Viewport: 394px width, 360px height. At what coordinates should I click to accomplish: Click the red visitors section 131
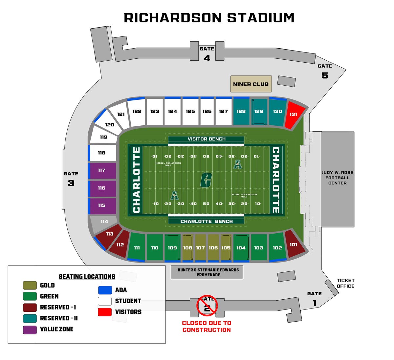tap(294, 115)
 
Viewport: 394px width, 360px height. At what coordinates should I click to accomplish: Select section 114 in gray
tap(104, 222)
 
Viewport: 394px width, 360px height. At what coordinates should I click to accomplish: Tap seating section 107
tap(200, 248)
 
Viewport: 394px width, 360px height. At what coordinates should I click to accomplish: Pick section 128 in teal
tap(241, 112)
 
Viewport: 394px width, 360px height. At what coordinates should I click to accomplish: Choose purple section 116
tap(102, 188)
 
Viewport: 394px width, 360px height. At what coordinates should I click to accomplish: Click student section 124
tap(172, 112)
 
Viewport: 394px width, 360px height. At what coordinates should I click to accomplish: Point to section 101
tap(294, 245)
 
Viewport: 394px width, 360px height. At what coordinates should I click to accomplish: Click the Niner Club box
tap(251, 84)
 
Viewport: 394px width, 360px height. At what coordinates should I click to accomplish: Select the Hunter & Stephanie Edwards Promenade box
tap(207, 272)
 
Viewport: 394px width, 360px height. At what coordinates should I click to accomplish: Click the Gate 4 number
tap(207, 58)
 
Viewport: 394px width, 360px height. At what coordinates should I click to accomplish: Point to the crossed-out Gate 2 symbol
tap(207, 306)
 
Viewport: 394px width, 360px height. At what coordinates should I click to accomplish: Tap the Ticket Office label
tap(345, 283)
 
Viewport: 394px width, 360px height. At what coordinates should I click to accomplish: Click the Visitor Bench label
tap(206, 139)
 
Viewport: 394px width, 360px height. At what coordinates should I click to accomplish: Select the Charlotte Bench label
tap(206, 221)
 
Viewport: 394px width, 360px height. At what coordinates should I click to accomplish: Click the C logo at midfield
tap(206, 180)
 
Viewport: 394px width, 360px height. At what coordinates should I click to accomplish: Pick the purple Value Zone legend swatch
tap(30, 329)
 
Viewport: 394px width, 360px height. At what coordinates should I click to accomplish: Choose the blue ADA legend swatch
tap(105, 290)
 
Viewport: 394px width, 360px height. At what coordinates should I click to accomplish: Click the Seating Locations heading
tap(87, 277)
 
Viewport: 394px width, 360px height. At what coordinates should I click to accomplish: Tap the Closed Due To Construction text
tap(207, 327)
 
